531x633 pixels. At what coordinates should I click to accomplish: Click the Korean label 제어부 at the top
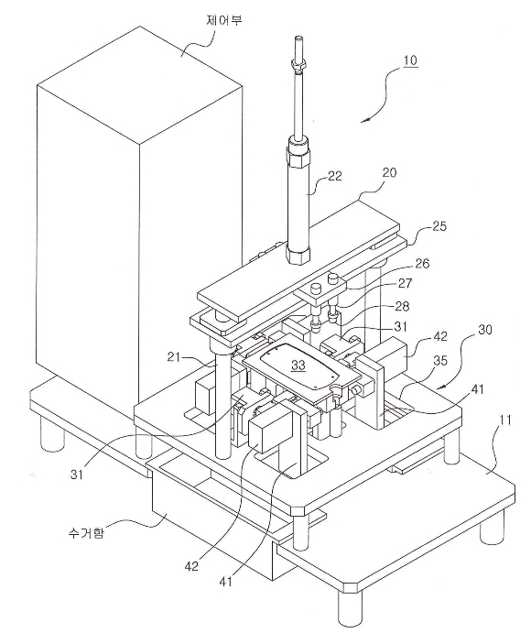[224, 19]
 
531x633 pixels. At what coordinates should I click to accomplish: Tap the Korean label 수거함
[86, 533]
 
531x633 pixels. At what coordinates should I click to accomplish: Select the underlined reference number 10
[410, 60]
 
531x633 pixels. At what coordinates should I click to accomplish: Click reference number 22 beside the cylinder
[334, 176]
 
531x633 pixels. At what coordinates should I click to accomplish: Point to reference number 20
[389, 173]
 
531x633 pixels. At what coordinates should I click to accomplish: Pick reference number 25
[439, 226]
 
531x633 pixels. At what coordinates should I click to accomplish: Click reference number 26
[421, 264]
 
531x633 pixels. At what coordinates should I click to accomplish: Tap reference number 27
[405, 283]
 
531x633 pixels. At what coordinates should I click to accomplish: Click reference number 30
[484, 330]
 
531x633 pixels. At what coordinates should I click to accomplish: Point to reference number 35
[439, 360]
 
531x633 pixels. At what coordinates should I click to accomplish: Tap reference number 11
[504, 420]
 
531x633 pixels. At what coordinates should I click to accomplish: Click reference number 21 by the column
[174, 357]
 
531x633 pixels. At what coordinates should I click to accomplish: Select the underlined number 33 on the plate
[298, 366]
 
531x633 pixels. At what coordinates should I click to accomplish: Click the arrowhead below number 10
[364, 119]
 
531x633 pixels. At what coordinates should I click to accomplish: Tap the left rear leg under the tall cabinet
[52, 433]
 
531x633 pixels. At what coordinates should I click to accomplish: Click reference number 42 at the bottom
[191, 566]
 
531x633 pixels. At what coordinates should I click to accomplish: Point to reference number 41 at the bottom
[227, 582]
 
